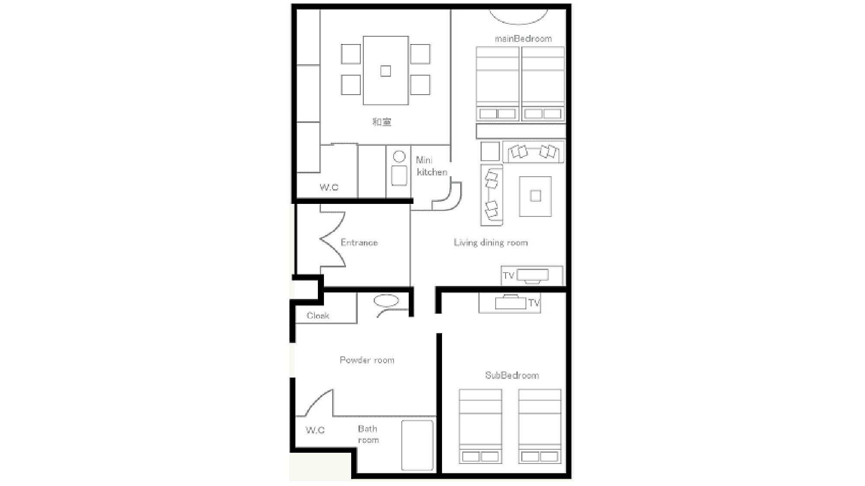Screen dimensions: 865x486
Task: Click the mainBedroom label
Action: coord(523,38)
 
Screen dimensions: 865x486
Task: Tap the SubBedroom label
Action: coord(512,375)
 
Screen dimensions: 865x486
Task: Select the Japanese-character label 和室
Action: coord(382,122)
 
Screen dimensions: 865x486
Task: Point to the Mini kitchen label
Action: coord(431,166)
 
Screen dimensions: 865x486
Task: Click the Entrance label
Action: coord(359,242)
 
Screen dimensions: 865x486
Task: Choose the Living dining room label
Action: coord(491,242)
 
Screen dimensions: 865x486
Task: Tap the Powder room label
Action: coord(367,360)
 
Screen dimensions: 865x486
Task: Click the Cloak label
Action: coord(318,315)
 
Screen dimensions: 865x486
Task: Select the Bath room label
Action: coord(368,434)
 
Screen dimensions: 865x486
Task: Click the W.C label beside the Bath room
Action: coord(315,430)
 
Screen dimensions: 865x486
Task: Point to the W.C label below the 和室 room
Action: coord(329,187)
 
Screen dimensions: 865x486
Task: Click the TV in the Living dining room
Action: coord(532,275)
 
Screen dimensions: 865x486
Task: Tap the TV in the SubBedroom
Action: coord(511,302)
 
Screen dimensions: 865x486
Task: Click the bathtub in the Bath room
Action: coord(417,445)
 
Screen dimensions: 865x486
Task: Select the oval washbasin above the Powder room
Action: coord(386,301)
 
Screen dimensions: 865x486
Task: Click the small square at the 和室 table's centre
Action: coord(385,71)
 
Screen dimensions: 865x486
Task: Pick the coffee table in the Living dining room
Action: coord(535,196)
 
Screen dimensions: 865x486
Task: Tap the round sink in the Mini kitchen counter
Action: coord(399,156)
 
